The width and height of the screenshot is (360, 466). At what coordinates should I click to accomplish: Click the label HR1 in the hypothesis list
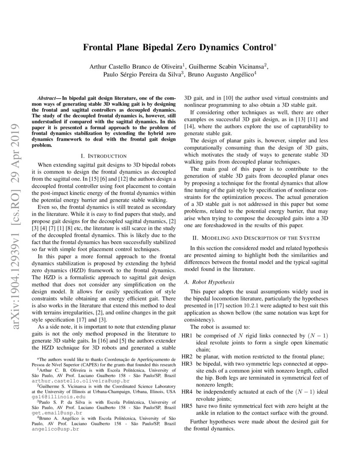point(188,336)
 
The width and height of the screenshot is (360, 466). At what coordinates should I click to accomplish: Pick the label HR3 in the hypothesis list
point(188,364)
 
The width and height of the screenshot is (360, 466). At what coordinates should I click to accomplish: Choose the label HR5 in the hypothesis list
point(188,406)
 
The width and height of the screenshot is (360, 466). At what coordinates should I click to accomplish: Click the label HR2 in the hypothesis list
point(188,357)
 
